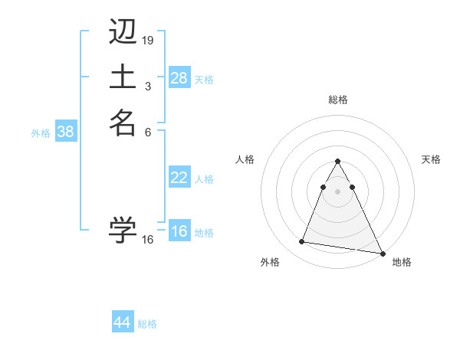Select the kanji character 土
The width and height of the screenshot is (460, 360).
pyautogui.click(x=123, y=77)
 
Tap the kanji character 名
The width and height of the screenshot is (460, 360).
pyautogui.click(x=123, y=123)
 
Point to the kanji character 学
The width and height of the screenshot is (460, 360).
pyautogui.click(x=123, y=229)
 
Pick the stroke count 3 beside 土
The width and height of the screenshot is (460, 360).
pyautogui.click(x=148, y=86)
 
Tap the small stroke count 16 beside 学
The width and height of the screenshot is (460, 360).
pyautogui.click(x=148, y=239)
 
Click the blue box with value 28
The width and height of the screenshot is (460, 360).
pyautogui.click(x=179, y=78)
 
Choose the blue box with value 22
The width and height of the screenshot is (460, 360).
pyautogui.click(x=179, y=178)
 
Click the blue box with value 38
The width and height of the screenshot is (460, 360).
pyautogui.click(x=66, y=132)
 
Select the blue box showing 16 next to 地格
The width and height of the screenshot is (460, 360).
pyautogui.click(x=179, y=232)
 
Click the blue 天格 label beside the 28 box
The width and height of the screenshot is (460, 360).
pyautogui.click(x=204, y=79)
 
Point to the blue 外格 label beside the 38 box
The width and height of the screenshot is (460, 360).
pyautogui.click(x=41, y=133)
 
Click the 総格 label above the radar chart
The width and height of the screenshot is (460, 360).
pyautogui.click(x=338, y=100)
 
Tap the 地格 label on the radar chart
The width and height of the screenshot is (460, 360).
pyautogui.click(x=402, y=263)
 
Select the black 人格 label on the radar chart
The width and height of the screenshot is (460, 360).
pyautogui.click(x=245, y=159)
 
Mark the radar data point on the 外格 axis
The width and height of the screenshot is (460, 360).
pyautogui.click(x=302, y=242)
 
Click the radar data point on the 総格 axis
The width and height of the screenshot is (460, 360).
pyautogui.click(x=337, y=162)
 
